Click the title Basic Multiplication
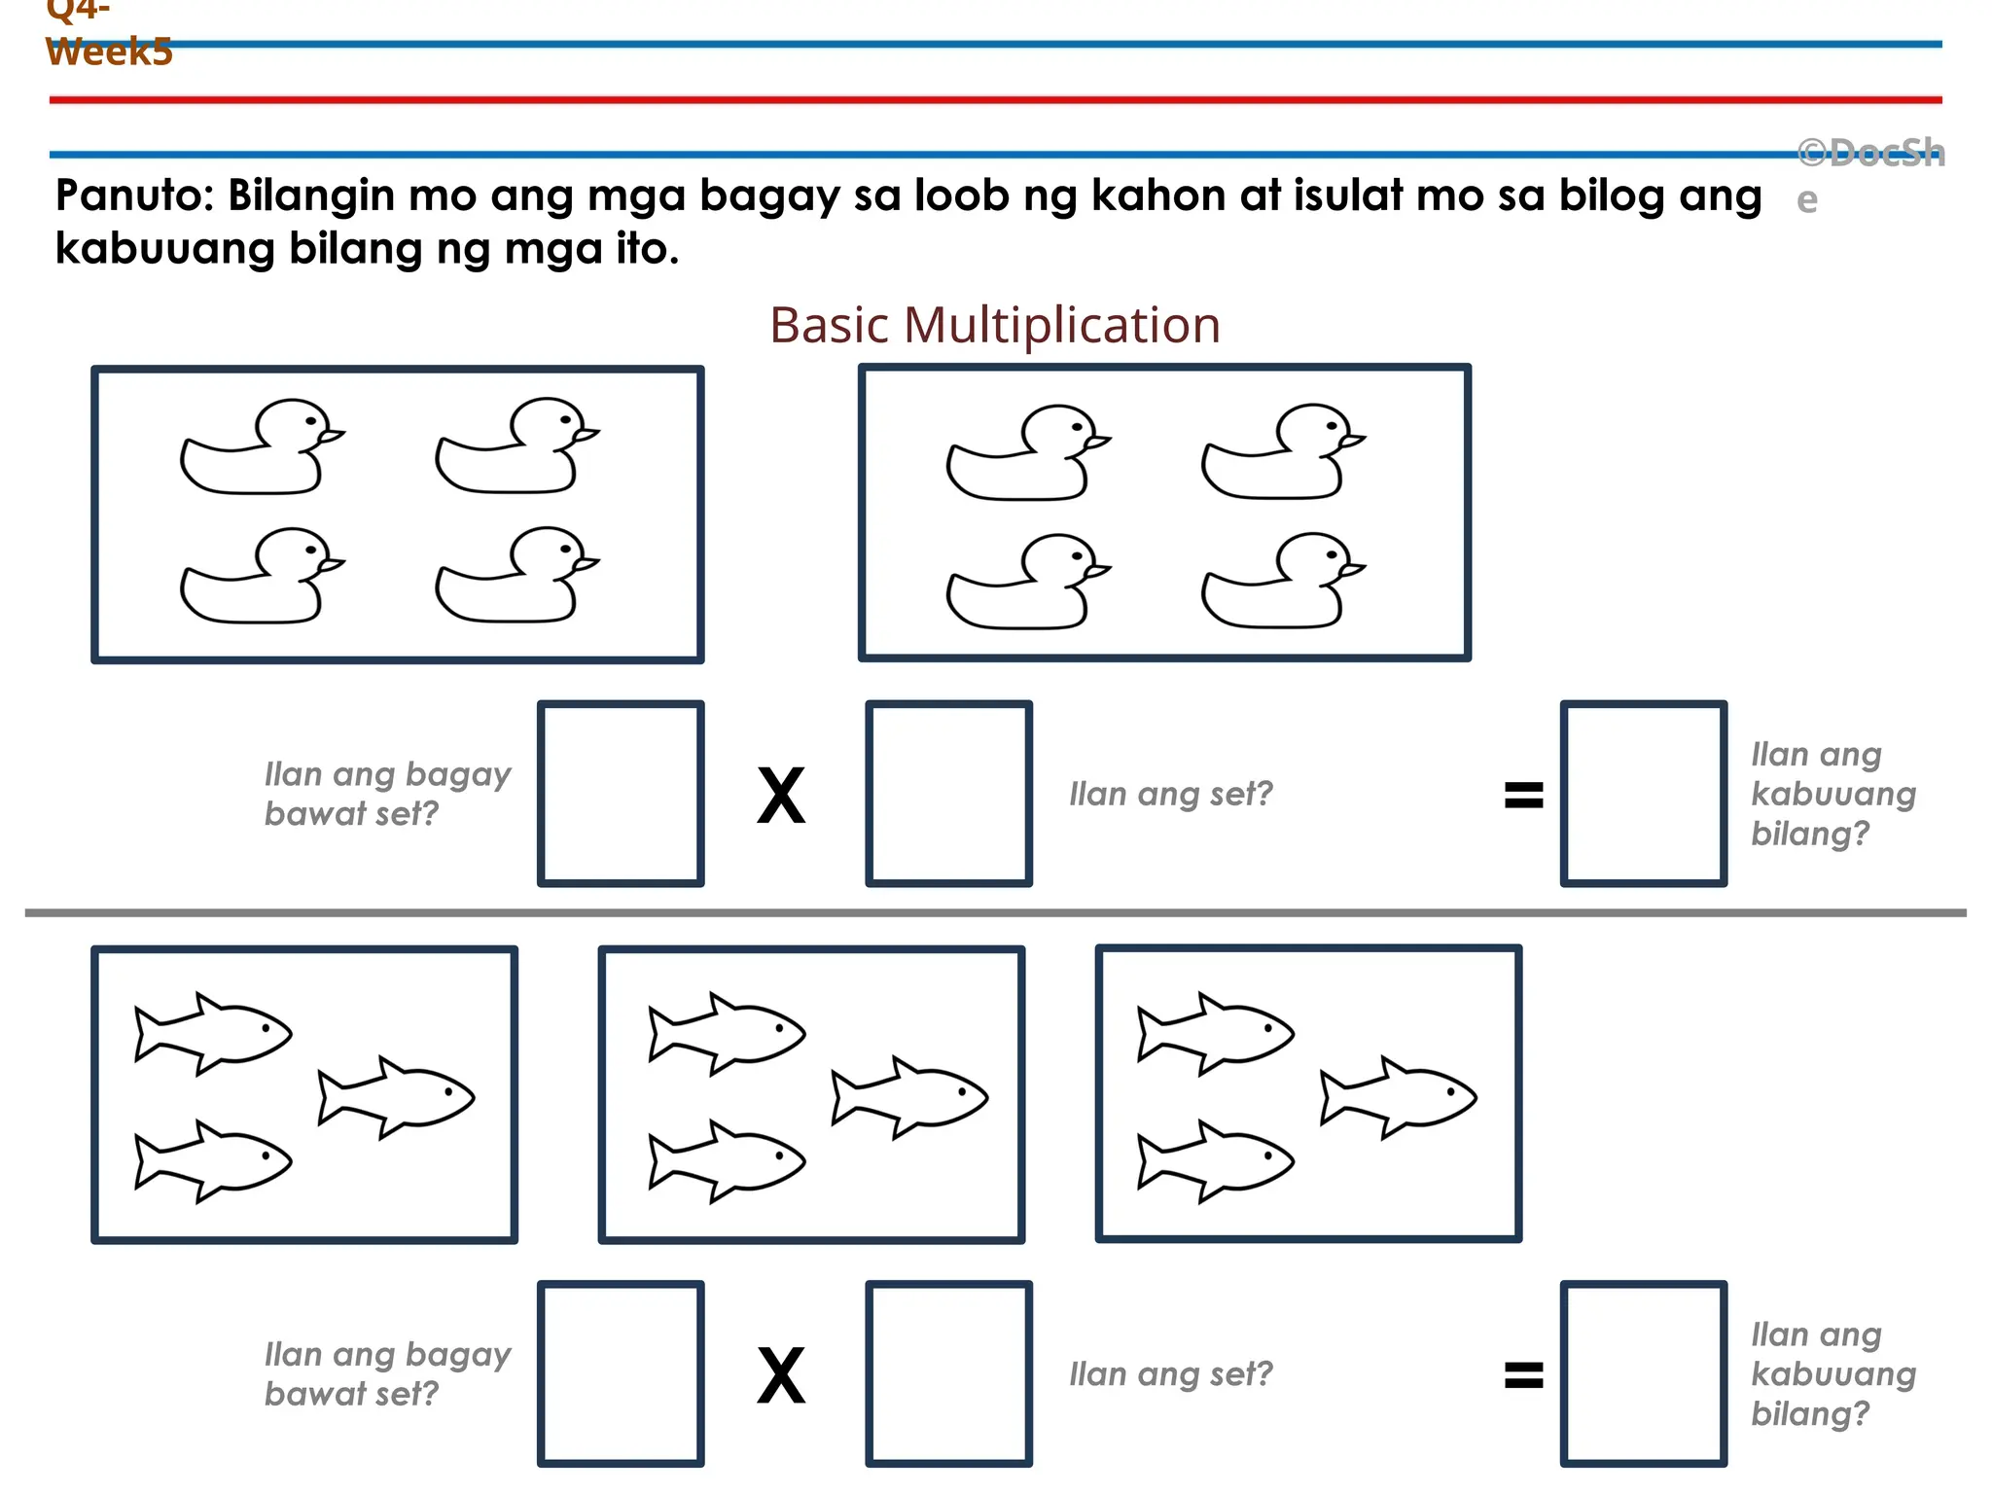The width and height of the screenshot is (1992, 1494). [994, 325]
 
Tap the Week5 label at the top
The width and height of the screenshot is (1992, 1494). [109, 52]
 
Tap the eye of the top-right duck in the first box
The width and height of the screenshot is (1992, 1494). [565, 418]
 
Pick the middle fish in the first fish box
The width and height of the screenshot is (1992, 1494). [396, 1097]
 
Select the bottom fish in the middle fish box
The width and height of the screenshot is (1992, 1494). [727, 1160]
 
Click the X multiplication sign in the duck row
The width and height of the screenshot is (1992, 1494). [781, 796]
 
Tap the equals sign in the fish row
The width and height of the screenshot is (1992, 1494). [1523, 1374]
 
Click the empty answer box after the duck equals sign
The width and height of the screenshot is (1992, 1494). [1643, 794]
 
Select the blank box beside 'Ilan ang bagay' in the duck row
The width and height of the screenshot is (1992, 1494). [621, 794]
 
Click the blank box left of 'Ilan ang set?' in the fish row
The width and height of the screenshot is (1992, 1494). [948, 1373]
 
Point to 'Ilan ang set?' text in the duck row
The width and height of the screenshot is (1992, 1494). [1170, 795]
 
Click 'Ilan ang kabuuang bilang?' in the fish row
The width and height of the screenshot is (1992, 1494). [1832, 1373]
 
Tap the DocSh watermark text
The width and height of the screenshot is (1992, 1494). [1869, 154]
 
